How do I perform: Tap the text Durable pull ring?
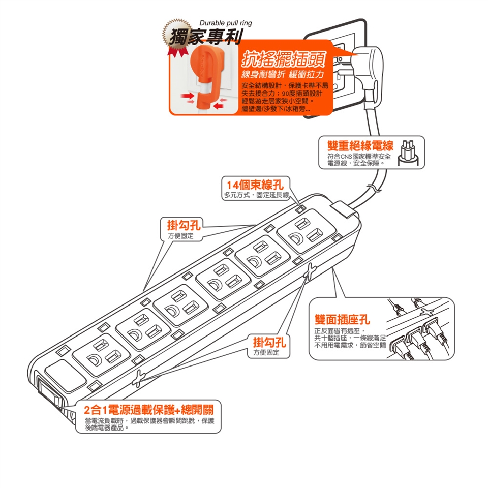(x=225, y=23)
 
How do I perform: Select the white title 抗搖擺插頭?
(x=284, y=59)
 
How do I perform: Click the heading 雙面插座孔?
(x=342, y=319)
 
